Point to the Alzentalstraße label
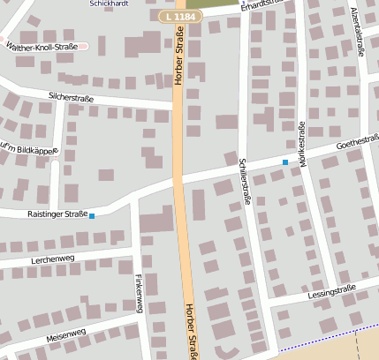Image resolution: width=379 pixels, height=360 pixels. [x=359, y=31]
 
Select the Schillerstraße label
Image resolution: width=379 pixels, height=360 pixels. [x=245, y=181]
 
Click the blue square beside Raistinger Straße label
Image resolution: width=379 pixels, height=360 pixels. [x=92, y=215]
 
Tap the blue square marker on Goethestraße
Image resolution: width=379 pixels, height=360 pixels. [x=284, y=162]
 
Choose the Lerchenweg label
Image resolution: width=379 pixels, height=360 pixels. [x=53, y=259]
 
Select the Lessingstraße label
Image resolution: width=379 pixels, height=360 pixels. [x=333, y=290]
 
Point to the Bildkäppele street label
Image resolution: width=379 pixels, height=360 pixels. [x=32, y=148]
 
